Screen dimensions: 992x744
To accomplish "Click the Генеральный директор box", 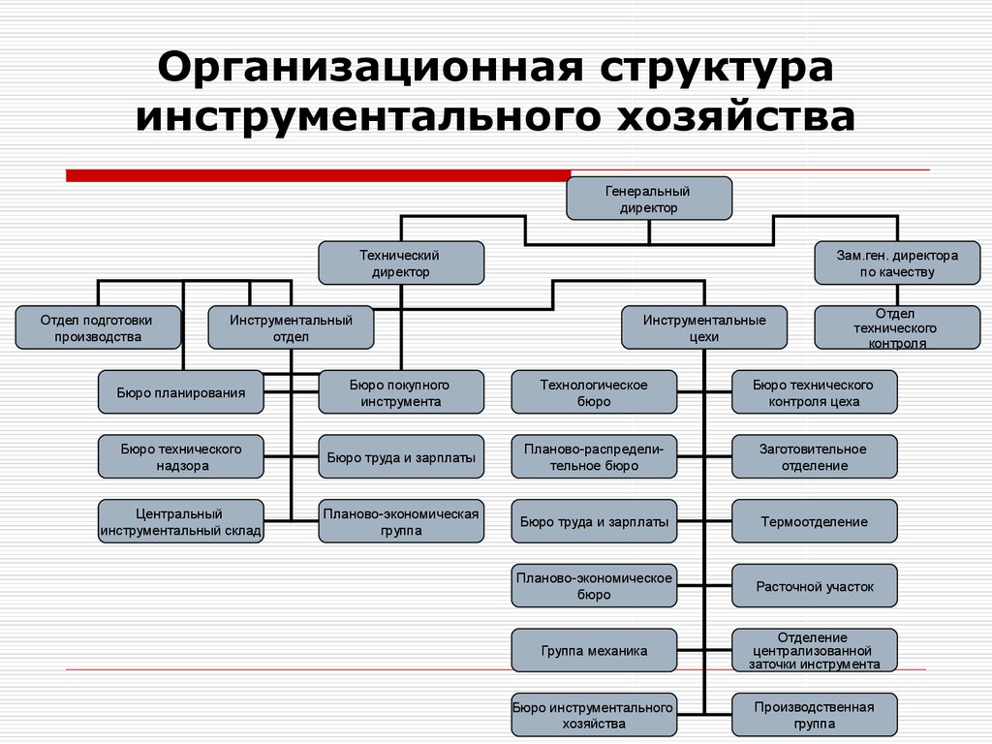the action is (649, 199).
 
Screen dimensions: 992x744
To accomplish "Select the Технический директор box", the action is (401, 263).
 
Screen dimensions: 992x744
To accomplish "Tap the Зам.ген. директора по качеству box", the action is (897, 263).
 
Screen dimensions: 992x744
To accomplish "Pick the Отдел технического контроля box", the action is (897, 327).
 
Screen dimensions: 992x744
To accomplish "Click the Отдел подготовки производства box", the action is (98, 327).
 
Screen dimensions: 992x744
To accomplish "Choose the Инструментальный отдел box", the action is (291, 327).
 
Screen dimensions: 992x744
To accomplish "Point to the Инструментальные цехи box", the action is (704, 327).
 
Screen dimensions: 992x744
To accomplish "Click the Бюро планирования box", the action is (181, 392).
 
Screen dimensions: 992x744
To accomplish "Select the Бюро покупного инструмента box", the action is (401, 392).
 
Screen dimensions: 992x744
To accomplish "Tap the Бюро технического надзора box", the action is (181, 457).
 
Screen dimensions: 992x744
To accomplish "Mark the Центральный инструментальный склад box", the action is (181, 521).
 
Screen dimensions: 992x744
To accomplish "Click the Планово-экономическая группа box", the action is (401, 521).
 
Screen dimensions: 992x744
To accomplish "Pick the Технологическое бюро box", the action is (594, 392).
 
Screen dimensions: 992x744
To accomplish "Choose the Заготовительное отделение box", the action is (814, 457).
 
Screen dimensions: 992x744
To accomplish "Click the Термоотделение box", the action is (814, 521).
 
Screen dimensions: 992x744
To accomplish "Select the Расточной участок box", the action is (814, 586).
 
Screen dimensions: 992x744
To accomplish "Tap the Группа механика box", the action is (594, 650).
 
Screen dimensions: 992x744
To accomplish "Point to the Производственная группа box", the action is (814, 715).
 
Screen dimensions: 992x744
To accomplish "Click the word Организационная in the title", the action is (369, 67).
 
